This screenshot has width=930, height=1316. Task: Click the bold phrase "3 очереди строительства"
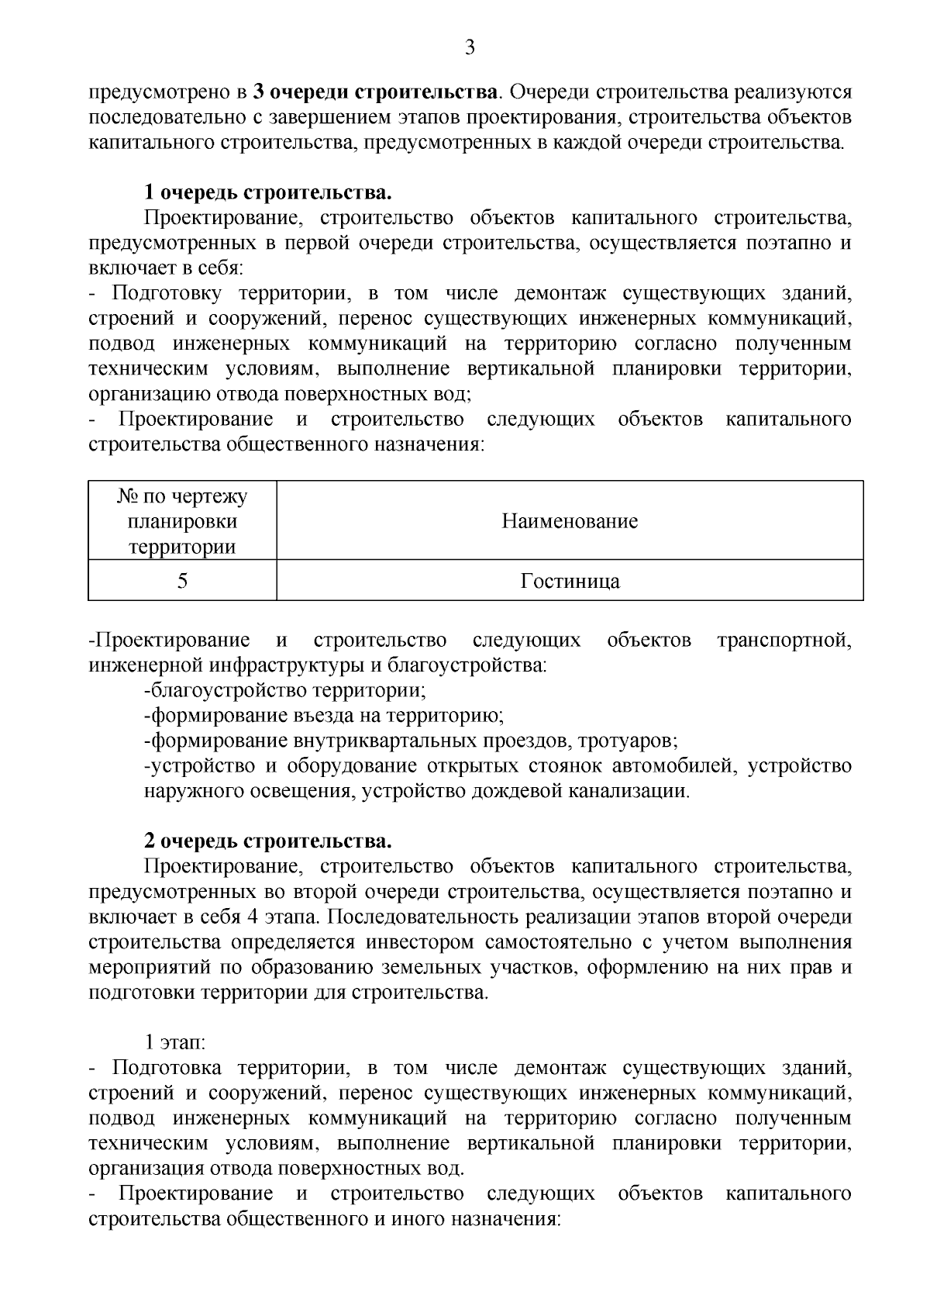click(374, 92)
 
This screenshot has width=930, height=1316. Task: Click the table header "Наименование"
click(570, 521)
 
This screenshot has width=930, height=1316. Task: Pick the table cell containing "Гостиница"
click(570, 581)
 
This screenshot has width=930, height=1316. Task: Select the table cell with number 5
click(182, 581)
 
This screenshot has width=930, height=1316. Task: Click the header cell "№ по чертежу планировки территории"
click(182, 521)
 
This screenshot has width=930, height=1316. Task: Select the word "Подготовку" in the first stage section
click(167, 293)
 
